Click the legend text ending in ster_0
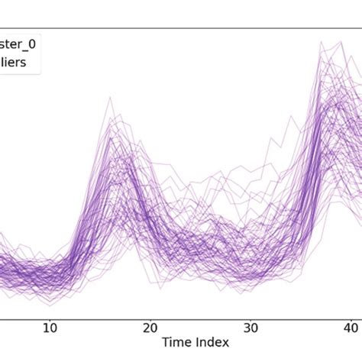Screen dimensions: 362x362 tap(18, 44)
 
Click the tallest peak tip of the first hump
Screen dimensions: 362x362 tap(110, 97)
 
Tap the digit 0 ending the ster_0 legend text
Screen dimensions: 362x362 tap(31, 44)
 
